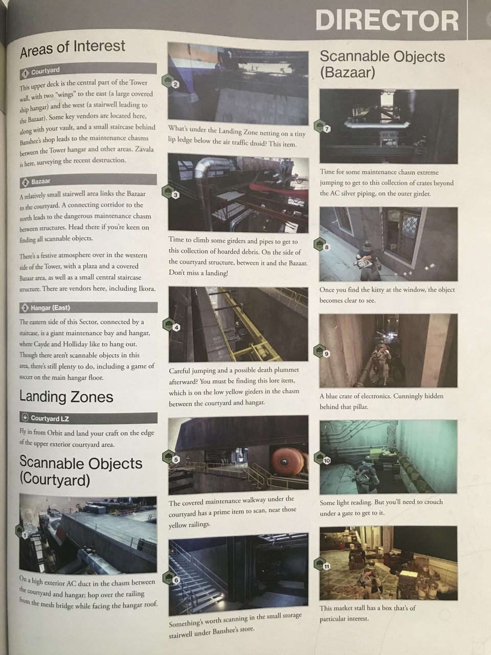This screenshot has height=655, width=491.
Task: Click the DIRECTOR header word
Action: pos(387,20)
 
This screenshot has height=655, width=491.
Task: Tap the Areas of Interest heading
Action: pos(73,48)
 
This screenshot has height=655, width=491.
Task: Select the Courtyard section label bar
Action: pos(88,71)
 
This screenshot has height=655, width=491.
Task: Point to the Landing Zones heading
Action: pos(66,397)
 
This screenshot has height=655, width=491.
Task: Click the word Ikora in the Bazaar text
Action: pos(147,289)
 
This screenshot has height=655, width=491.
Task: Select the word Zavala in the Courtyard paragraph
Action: pos(145,149)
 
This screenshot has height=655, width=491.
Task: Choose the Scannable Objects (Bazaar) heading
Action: pos(382,64)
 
